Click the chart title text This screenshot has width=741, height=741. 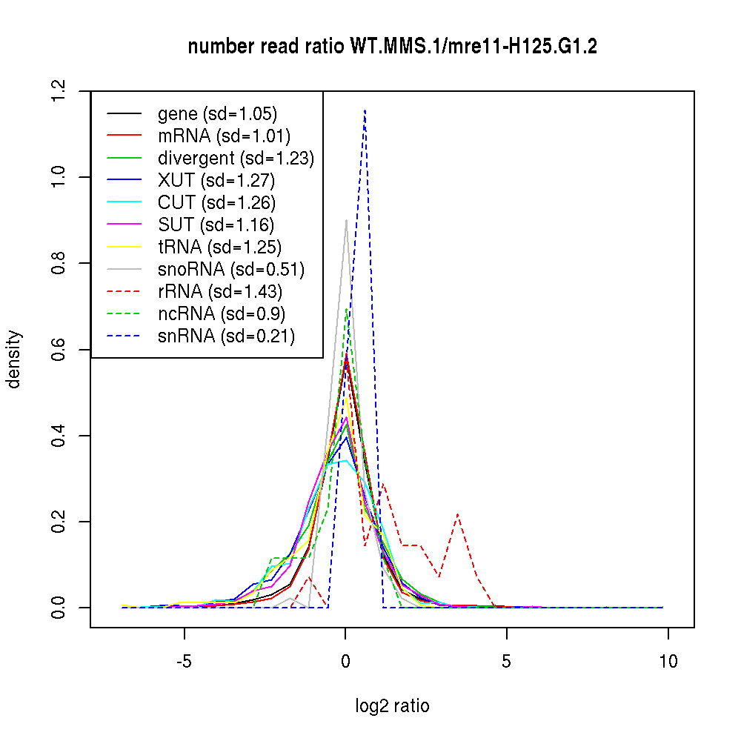(x=393, y=47)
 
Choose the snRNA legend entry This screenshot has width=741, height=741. (x=226, y=336)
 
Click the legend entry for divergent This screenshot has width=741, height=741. (x=236, y=159)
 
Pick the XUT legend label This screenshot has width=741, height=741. (x=216, y=181)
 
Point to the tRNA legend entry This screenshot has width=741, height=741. (x=219, y=247)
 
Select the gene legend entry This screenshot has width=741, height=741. (x=217, y=114)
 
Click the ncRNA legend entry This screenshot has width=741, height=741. (x=222, y=314)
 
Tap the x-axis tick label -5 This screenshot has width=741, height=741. (x=184, y=662)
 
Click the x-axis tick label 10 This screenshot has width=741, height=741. (x=668, y=662)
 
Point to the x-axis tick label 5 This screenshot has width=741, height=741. (x=507, y=662)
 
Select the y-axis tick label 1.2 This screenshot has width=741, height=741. (x=60, y=91)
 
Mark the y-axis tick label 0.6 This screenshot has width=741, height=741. (x=60, y=350)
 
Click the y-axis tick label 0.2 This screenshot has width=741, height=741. (x=60, y=522)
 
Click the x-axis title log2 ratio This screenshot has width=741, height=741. (x=392, y=706)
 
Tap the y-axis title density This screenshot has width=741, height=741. (x=14, y=359)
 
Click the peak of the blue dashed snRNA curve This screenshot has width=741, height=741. (x=365, y=110)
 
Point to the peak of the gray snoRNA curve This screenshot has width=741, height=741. (x=346, y=220)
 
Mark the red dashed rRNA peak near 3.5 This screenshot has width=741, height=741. (x=459, y=514)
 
